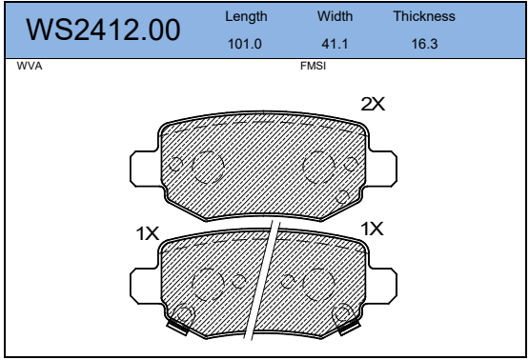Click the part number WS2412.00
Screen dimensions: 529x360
103,30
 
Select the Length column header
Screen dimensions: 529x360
246,17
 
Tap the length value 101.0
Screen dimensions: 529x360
245,44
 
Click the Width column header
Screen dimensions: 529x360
335,16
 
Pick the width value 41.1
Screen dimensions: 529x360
335,44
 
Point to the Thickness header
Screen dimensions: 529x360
424,16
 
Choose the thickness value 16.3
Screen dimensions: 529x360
424,44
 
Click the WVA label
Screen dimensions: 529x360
30,66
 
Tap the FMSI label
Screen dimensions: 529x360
313,66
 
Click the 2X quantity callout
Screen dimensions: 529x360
373,104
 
